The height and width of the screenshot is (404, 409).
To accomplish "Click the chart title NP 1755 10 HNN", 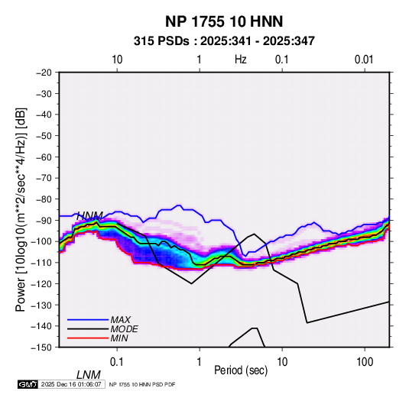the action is [x=224, y=21].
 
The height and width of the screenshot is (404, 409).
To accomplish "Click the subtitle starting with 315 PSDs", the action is [x=224, y=41].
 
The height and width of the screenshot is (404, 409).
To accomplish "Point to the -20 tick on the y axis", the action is [x=44, y=73].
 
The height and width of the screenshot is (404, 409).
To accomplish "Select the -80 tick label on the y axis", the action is [x=44, y=199].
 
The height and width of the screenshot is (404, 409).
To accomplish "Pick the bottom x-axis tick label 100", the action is [x=365, y=362].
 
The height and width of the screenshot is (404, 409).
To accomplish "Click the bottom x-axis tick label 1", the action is [x=200, y=362].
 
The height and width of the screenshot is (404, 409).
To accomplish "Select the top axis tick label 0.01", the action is [x=364, y=60].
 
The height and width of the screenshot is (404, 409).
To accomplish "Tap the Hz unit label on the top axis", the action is [x=241, y=60].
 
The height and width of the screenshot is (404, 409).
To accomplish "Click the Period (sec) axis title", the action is [x=241, y=370].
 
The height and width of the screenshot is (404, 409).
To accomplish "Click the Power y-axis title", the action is [x=21, y=209].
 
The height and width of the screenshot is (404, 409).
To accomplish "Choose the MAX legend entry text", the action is [x=121, y=319].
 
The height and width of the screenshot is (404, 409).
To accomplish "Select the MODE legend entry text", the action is [x=124, y=329].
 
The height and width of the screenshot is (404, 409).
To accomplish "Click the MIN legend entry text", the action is [x=119, y=338].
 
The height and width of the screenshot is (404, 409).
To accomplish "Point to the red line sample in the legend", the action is [x=88, y=338].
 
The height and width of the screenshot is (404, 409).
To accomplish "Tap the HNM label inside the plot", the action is [x=89, y=216].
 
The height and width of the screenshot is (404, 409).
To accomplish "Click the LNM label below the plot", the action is [x=88, y=375].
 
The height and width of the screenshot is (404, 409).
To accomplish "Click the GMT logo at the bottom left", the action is [x=28, y=384].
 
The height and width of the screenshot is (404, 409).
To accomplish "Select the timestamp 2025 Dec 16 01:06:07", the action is [x=71, y=384].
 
